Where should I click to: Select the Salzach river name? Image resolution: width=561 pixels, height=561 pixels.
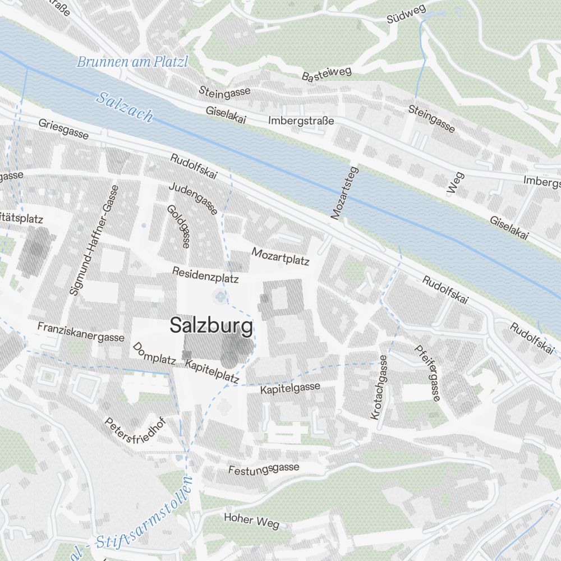[125, 107]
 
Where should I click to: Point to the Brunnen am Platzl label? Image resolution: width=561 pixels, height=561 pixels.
[132, 62]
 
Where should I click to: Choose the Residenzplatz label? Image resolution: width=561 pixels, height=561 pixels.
[205, 275]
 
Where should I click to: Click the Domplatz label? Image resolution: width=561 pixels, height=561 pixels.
[154, 353]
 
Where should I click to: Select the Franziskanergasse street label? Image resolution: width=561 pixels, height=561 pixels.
[81, 332]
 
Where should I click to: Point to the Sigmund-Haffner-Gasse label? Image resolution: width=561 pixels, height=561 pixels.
[94, 240]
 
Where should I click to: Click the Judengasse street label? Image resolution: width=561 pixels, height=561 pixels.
[193, 198]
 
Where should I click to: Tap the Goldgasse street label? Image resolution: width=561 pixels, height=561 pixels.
[179, 226]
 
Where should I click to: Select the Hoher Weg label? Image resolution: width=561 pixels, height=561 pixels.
[251, 520]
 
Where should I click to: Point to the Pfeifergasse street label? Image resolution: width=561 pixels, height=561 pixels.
[427, 373]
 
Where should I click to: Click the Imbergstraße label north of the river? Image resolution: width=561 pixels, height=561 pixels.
[301, 121]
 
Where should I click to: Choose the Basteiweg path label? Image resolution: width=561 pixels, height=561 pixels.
[327, 73]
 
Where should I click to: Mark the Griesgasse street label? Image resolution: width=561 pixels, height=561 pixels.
[63, 129]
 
